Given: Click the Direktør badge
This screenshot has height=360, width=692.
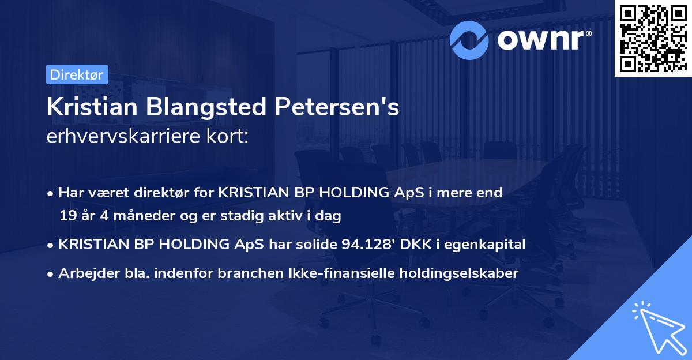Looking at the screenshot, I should [x=77, y=74].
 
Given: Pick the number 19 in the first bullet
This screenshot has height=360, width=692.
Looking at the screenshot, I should [x=67, y=216].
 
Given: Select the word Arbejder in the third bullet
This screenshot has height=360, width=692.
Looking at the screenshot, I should [x=84, y=273].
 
